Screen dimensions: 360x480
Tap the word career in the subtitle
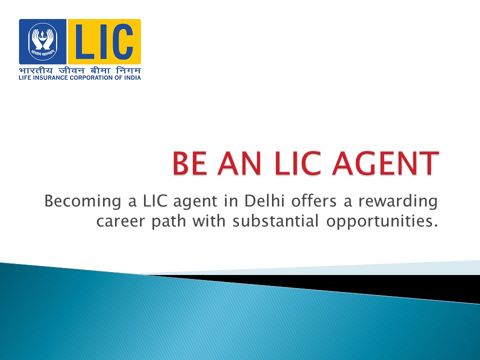[116, 221]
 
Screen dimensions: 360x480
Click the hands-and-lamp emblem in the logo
[42, 41]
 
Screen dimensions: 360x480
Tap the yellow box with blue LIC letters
[104, 41]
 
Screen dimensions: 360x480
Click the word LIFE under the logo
[25, 77]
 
